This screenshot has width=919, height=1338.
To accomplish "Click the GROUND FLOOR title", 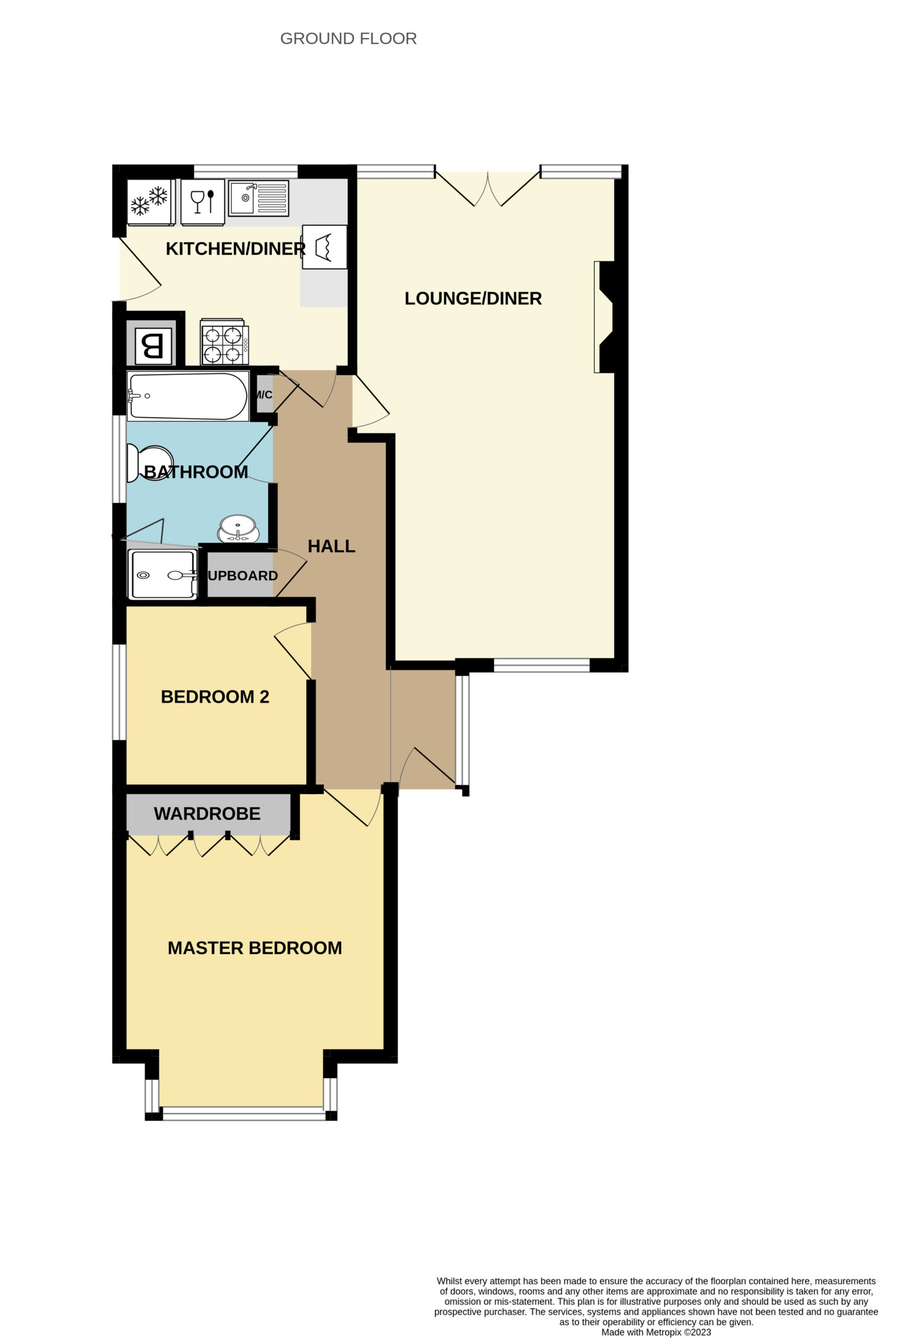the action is click(348, 39).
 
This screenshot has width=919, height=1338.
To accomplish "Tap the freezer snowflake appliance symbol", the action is click(151, 202).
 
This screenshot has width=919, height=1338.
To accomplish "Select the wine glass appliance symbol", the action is click(202, 202).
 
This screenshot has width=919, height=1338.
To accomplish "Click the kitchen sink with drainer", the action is click(258, 198).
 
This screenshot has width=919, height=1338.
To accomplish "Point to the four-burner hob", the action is click(225, 342).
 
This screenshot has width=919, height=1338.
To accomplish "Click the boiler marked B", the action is click(153, 346).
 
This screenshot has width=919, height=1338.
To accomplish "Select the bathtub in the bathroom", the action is click(188, 396).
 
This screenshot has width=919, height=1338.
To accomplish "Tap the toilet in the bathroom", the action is click(149, 463).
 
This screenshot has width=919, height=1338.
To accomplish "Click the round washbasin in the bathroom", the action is click(238, 528).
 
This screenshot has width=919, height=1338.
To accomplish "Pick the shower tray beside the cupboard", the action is click(163, 574).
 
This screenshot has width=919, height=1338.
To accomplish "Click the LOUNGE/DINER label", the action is click(473, 298).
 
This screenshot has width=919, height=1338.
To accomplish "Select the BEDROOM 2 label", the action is click(215, 697).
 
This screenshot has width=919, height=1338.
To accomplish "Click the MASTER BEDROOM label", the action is click(255, 948).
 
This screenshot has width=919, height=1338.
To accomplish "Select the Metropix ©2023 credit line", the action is click(656, 1332).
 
